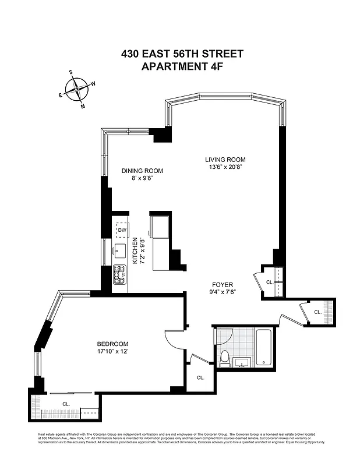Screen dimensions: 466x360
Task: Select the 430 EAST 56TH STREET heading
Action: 182,54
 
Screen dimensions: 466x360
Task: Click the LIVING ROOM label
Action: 225,160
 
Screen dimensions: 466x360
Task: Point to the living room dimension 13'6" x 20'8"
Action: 225,167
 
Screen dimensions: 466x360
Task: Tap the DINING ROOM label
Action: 142,171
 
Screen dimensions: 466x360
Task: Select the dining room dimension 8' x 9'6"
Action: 142,179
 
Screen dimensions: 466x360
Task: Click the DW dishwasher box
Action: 122,231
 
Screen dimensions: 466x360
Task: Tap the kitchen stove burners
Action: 120,274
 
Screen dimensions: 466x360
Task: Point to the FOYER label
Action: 222,285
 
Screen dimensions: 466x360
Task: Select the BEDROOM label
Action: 113,344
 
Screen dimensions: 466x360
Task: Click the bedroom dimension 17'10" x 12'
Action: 113,352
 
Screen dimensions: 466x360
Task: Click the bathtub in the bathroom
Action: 264,348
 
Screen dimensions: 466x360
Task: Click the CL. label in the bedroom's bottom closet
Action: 66,403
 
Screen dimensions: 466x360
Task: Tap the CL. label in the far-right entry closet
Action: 318,312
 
